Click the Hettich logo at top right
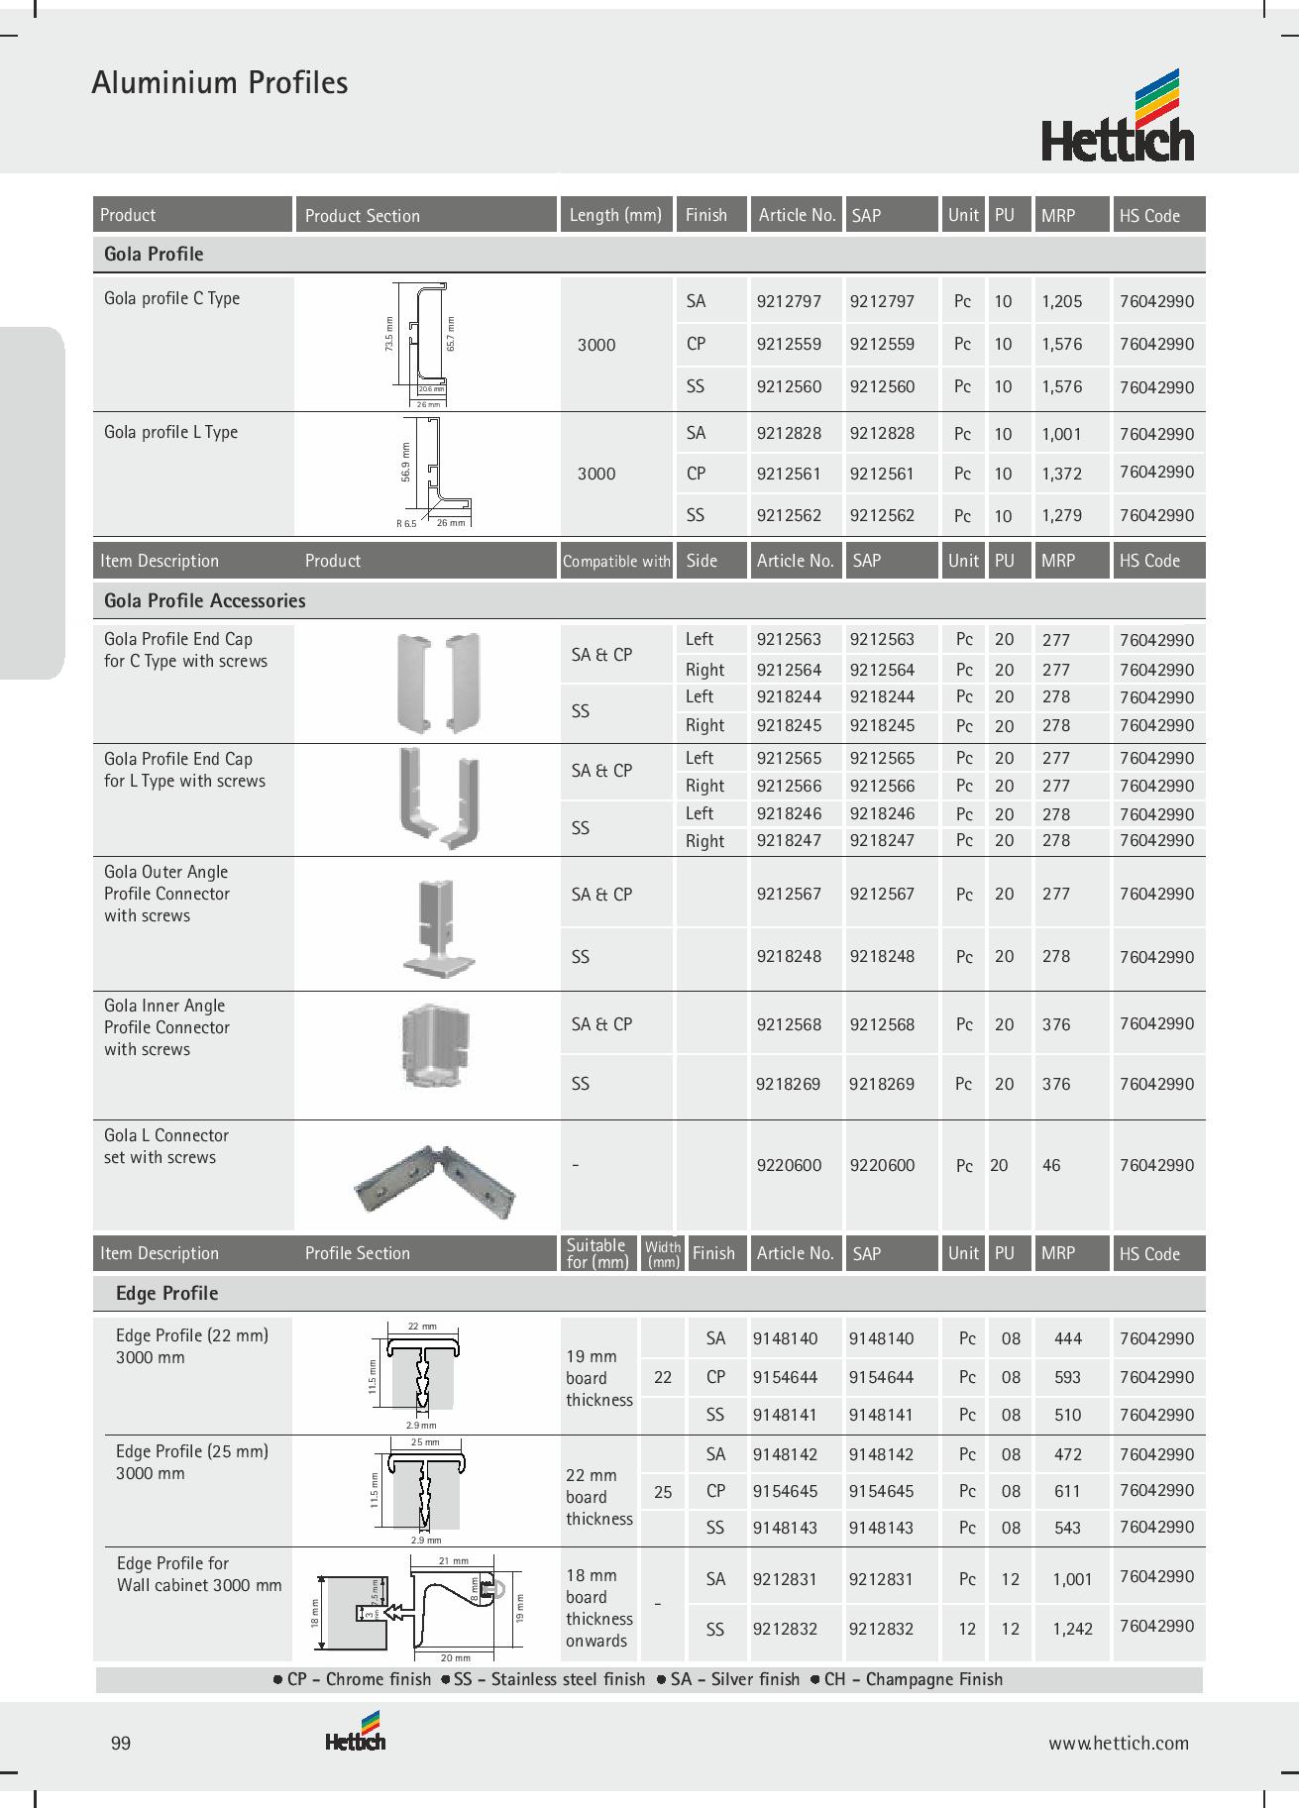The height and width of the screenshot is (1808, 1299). click(1117, 117)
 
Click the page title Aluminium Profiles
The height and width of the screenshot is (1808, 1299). click(219, 82)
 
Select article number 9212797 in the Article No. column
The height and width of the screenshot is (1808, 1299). click(789, 301)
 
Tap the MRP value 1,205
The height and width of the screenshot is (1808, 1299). click(1061, 301)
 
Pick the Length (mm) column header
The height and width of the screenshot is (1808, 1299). click(615, 215)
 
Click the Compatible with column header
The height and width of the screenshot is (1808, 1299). click(616, 561)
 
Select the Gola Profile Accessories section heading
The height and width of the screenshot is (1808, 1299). click(204, 600)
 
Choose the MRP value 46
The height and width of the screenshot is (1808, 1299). click(1051, 1165)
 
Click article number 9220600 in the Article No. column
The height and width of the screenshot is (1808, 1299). click(789, 1165)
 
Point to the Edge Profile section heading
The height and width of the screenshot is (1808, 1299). click(166, 1293)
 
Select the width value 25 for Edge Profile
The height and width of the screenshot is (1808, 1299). click(663, 1491)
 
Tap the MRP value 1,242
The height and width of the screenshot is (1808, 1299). click(1072, 1629)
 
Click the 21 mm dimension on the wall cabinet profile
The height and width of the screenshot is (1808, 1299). click(453, 1561)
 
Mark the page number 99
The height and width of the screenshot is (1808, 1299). click(121, 1744)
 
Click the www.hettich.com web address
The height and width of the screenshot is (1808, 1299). click(1119, 1744)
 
